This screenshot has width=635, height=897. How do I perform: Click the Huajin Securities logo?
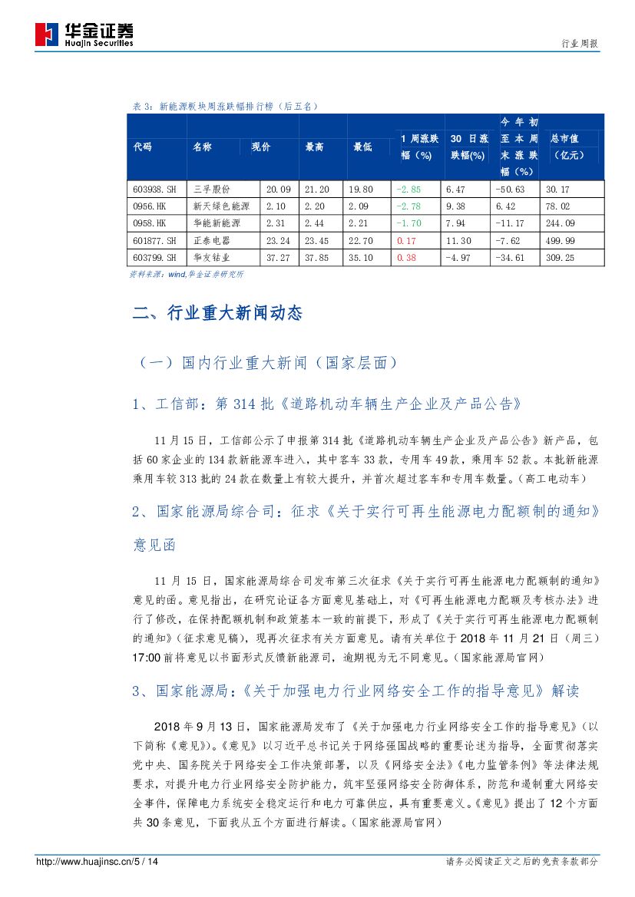coord(84,35)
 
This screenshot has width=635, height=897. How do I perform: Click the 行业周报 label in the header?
coord(581,45)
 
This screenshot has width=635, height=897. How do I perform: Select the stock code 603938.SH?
coord(154,189)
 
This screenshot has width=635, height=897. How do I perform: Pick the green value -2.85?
coord(408,189)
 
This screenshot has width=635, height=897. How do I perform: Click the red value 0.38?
coord(406,258)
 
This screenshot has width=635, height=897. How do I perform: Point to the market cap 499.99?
coord(558,240)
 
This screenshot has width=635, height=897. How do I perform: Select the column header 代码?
coord(143,147)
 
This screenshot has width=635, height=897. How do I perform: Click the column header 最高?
coord(314,147)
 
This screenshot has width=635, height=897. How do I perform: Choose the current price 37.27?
coord(278,258)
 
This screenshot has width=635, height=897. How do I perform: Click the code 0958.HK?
coord(149,223)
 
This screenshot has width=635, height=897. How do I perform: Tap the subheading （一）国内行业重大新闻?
coord(269,361)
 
